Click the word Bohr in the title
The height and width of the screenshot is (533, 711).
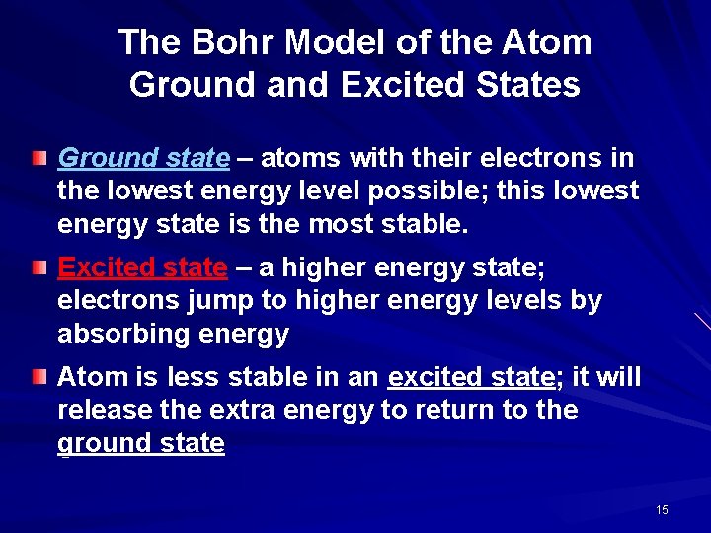[x=222, y=42]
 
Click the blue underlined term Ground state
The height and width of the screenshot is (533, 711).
[x=144, y=158]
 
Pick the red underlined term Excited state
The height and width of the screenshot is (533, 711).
[x=142, y=267]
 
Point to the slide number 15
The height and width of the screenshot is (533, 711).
[x=662, y=509]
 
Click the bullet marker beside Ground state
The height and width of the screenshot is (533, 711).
[x=38, y=158]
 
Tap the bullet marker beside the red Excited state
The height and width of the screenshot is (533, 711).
[x=38, y=267]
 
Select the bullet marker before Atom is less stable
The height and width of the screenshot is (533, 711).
[x=38, y=377]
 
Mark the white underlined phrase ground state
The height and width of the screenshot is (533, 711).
[x=141, y=443]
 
